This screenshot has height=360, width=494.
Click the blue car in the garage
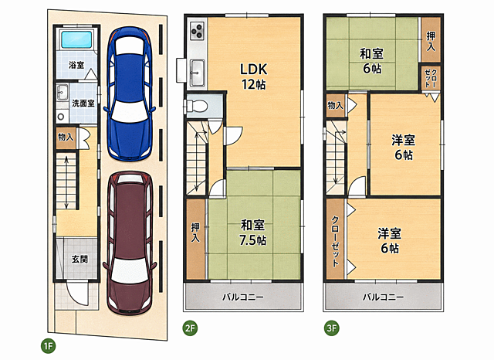(x=130, y=93)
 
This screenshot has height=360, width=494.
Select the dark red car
(x=130, y=243)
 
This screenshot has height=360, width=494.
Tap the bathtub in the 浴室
(x=76, y=39)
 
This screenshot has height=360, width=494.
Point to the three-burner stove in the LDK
(x=198, y=31)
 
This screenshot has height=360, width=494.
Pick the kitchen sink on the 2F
(x=198, y=73)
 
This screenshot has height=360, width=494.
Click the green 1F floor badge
(x=48, y=346)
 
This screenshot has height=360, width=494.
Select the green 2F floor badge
(x=190, y=328)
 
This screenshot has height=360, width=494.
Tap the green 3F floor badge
(x=331, y=328)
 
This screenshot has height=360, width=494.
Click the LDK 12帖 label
(x=254, y=76)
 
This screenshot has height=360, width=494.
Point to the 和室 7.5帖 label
(x=252, y=233)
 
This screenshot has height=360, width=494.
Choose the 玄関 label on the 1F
(x=80, y=259)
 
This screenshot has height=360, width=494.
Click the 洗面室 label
(x=83, y=103)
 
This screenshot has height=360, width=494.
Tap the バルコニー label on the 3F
(x=383, y=297)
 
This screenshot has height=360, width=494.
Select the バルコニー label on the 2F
(x=243, y=297)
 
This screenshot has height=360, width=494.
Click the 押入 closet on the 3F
(x=431, y=39)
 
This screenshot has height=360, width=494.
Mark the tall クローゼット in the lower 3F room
(x=336, y=239)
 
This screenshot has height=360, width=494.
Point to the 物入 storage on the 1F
(x=66, y=138)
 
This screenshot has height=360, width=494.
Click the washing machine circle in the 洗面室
(x=61, y=117)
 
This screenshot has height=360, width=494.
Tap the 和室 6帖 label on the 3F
(x=372, y=61)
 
